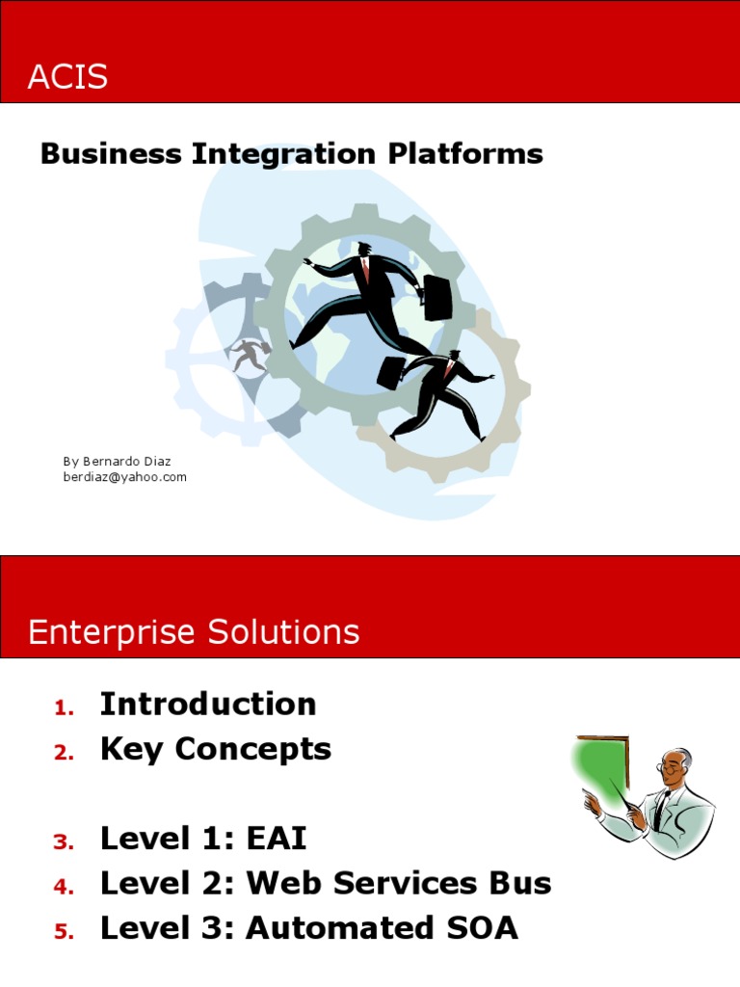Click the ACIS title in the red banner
(67, 77)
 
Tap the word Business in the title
(111, 154)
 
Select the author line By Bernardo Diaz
(116, 462)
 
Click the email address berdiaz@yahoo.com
(125, 477)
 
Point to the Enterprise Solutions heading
(194, 632)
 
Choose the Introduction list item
(208, 705)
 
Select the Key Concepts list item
(216, 750)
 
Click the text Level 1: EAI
(203, 839)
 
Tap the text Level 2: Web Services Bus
(326, 883)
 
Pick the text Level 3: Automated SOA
(309, 928)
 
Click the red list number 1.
(64, 708)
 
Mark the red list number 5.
(64, 932)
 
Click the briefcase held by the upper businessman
(437, 298)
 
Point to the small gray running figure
(250, 355)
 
